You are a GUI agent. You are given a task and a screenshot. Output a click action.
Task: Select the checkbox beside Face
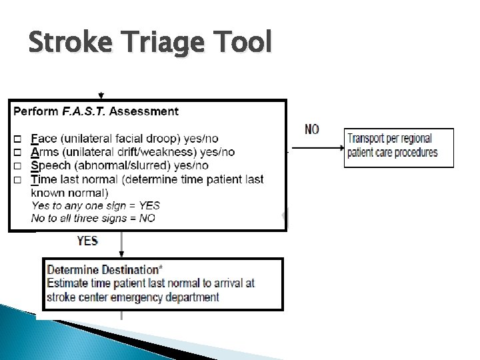coord(17,139)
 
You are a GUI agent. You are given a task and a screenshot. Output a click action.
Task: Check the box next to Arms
coord(17,153)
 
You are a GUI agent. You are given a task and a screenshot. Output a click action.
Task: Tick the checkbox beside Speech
coord(17,166)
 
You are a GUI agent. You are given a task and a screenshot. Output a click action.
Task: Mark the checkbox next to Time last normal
coord(17,179)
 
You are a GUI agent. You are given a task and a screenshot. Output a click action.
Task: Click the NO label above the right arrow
coord(312,129)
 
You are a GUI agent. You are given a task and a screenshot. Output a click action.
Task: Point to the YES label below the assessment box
coord(88,241)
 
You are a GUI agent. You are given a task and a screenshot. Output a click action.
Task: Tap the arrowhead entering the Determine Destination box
coord(121,254)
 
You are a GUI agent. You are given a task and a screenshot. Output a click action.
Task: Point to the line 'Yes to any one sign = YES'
coord(95,205)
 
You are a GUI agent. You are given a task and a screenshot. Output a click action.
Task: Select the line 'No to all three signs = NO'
coord(93,218)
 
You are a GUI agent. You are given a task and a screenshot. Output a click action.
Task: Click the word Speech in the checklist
coord(49,166)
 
